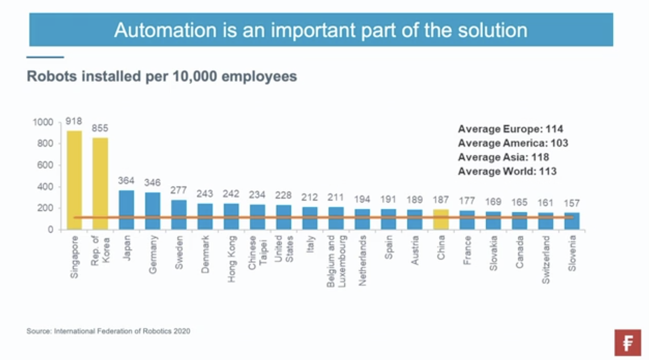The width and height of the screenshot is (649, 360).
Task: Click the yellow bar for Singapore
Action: [74, 179]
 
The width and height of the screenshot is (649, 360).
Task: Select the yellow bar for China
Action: [441, 219]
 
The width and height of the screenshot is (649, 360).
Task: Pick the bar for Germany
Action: [152, 210]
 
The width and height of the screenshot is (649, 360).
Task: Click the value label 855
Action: [100, 128]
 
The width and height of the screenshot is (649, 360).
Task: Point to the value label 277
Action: [178, 190]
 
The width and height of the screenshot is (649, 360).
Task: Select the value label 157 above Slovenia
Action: [572, 203]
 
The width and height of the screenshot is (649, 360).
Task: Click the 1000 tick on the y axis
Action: [43, 122]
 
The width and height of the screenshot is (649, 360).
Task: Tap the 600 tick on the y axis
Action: [45, 165]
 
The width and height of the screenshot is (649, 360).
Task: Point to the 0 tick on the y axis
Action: [50, 230]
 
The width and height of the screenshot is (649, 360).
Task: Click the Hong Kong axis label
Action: [231, 259]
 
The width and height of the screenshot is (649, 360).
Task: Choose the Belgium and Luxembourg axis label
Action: [336, 261]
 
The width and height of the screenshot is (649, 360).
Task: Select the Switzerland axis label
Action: [545, 259]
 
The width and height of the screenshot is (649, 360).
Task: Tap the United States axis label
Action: [284, 249]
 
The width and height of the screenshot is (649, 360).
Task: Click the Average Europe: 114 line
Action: [510, 129]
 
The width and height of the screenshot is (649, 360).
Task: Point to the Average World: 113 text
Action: [507, 171]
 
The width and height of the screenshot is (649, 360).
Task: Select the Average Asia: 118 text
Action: [503, 157]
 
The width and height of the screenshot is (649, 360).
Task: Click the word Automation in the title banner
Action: [165, 30]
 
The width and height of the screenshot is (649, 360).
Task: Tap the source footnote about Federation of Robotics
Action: [108, 331]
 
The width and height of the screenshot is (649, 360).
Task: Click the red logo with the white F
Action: [628, 343]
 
